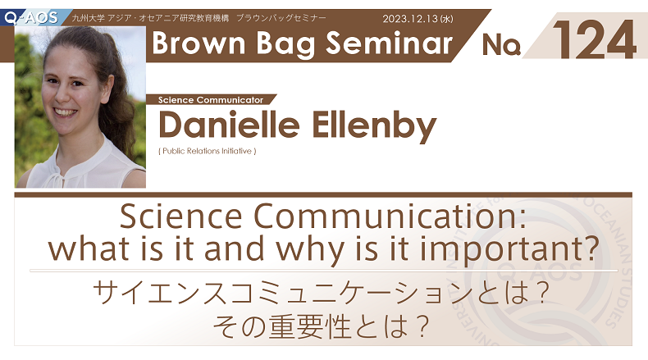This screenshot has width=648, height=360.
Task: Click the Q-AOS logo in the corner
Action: click(31, 18)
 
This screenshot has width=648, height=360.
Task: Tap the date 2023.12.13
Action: click(410, 19)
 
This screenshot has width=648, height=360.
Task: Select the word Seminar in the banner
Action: click(389, 43)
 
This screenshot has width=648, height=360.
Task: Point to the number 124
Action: click(594, 39)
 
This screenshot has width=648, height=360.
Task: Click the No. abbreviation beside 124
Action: click(501, 44)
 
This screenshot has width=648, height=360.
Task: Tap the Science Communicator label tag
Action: click(211, 99)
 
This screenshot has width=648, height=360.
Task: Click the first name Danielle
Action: click(229, 125)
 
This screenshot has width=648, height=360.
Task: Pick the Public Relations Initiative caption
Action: click(208, 151)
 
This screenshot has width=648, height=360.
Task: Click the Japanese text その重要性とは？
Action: click(321, 326)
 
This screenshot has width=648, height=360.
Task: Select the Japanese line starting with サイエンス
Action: click(322, 293)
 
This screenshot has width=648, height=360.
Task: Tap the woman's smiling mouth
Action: click(66, 112)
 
